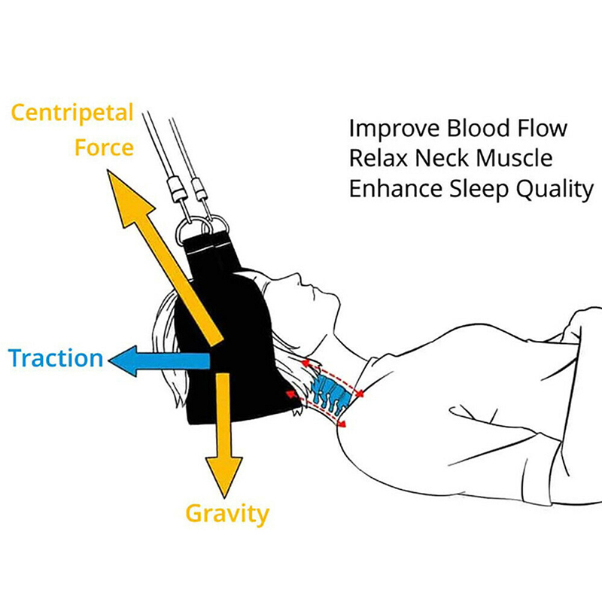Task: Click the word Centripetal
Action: pyautogui.click(x=71, y=114)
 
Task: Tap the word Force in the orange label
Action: pyautogui.click(x=103, y=147)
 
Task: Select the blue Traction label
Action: pyautogui.click(x=56, y=358)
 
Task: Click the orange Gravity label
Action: pyautogui.click(x=227, y=515)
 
